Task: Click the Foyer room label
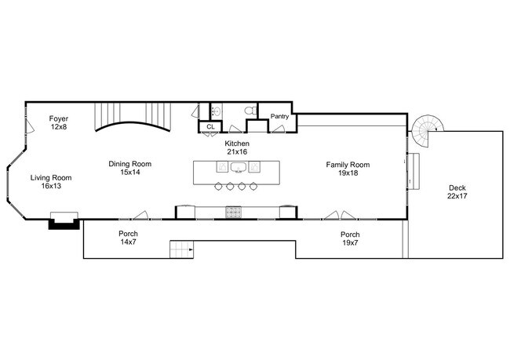(x=59, y=122)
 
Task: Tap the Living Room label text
(x=51, y=182)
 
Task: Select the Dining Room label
(x=130, y=168)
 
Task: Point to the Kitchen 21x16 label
(x=237, y=148)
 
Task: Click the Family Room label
(x=348, y=169)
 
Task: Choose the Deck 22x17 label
(x=457, y=192)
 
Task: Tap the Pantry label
(x=280, y=117)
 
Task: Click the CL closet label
(x=210, y=126)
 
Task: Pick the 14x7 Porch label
(x=129, y=238)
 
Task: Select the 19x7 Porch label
(x=350, y=238)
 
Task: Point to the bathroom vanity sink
(x=217, y=111)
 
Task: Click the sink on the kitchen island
(x=238, y=167)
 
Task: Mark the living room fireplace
(x=64, y=220)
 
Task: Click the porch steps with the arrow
(x=181, y=250)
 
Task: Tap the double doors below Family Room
(x=339, y=215)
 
